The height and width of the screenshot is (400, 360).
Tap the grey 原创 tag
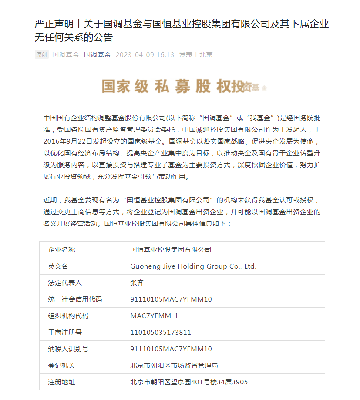(41, 55)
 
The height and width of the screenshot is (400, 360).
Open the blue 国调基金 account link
(98, 55)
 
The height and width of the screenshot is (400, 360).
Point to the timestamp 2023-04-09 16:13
(145, 55)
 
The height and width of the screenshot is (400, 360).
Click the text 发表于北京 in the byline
(196, 55)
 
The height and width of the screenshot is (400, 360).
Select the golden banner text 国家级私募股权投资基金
(183, 87)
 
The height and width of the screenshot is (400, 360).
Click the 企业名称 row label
(61, 250)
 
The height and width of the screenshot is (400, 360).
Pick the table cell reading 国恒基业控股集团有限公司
(171, 250)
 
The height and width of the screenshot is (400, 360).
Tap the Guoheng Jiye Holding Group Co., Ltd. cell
(193, 266)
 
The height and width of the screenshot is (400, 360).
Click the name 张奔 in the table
(137, 283)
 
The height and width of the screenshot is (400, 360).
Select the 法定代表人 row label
(65, 283)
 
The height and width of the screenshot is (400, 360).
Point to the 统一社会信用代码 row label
(75, 299)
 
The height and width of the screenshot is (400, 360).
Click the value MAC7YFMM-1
(154, 316)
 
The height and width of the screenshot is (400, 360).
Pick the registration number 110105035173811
(161, 333)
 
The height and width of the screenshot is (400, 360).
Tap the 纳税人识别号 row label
(68, 349)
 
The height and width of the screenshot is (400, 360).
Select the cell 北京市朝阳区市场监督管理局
(174, 366)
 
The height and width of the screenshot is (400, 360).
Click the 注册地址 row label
(61, 382)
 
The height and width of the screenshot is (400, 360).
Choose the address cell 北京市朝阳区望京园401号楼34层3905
(189, 382)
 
